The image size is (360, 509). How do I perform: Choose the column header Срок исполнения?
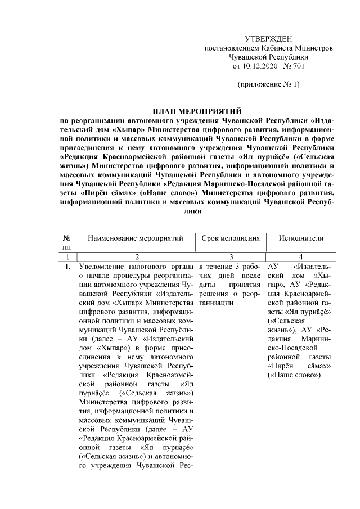click(231, 238)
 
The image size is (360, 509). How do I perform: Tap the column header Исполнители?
click(301, 238)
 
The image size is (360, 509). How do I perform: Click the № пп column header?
click(66, 243)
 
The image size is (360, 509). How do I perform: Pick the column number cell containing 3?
click(231, 256)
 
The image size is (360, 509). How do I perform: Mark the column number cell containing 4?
click(301, 256)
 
